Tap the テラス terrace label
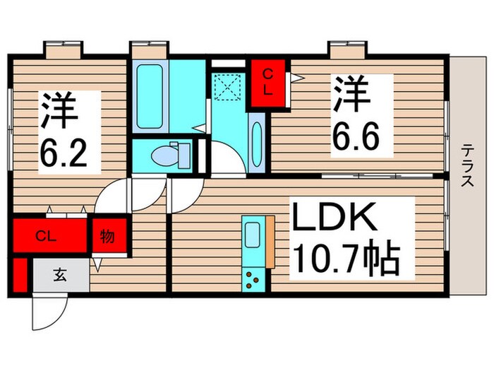[x=467, y=165]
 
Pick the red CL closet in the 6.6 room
[x=271, y=83]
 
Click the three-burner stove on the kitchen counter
[x=252, y=280]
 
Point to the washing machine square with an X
[x=228, y=89]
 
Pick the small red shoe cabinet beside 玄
[x=20, y=276]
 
